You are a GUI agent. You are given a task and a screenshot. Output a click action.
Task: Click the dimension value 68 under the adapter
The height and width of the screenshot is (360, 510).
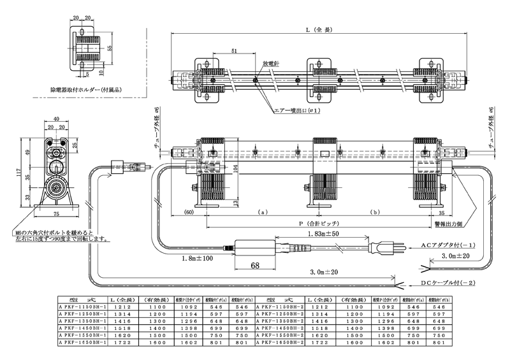pos(254,265)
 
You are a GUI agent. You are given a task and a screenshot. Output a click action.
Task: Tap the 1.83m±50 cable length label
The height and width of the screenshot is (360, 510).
pos(326,235)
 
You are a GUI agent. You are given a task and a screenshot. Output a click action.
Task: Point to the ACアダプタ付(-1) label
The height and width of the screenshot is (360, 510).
pos(449,244)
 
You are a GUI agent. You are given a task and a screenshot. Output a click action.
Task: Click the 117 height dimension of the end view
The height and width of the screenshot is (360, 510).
pos(21,172)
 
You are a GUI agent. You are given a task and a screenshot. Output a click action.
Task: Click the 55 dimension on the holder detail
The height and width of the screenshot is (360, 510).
pos(111,48)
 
